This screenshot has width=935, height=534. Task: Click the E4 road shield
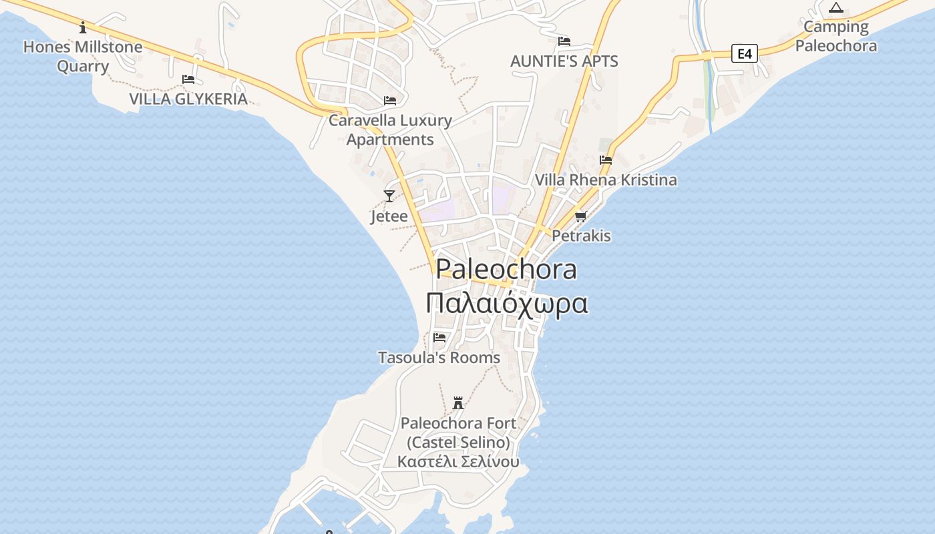pyautogui.click(x=745, y=53)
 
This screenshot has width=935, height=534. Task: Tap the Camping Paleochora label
pyautogui.click(x=835, y=37)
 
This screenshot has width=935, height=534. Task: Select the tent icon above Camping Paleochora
pyautogui.click(x=835, y=8)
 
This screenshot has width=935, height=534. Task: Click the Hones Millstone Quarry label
pyautogui.click(x=83, y=57)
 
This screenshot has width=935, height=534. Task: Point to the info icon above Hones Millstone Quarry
pyautogui.click(x=83, y=27)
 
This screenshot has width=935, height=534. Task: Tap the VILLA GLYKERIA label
pyautogui.click(x=188, y=99)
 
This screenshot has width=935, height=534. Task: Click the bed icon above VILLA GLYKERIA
pyautogui.click(x=188, y=79)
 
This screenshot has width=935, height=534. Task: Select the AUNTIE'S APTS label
pyautogui.click(x=564, y=61)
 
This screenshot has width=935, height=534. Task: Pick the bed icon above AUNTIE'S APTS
pyautogui.click(x=564, y=41)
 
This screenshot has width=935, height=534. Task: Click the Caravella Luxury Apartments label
pyautogui.click(x=390, y=130)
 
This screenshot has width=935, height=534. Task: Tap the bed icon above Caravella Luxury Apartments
pyautogui.click(x=390, y=101)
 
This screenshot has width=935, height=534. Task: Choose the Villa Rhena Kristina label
pyautogui.click(x=606, y=180)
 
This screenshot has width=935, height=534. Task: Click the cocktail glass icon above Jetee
pyautogui.click(x=389, y=196)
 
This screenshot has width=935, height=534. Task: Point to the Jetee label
pyautogui.click(x=389, y=216)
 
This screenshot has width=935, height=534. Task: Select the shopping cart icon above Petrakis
pyautogui.click(x=581, y=216)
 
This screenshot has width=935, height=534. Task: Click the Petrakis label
pyautogui.click(x=581, y=236)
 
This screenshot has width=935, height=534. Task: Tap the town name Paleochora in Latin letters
pyautogui.click(x=506, y=270)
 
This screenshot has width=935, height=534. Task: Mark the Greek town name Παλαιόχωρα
pyautogui.click(x=507, y=304)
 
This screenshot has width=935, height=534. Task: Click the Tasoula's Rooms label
pyautogui.click(x=439, y=358)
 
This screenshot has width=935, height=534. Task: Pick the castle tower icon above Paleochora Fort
pyautogui.click(x=458, y=403)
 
